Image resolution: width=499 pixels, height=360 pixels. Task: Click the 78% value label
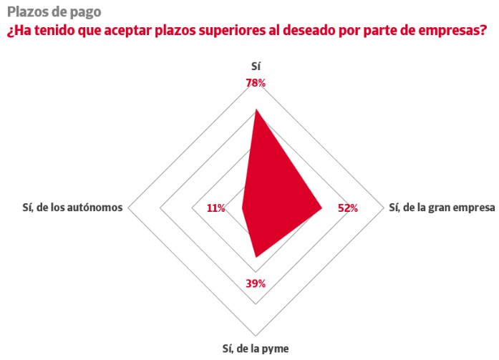pos(256,83)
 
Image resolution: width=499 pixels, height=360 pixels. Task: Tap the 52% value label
pos(348,208)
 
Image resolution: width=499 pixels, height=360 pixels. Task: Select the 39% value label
pos(256,283)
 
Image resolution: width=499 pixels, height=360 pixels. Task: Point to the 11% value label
pos(215,208)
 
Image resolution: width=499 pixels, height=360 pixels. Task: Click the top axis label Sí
pos(256,67)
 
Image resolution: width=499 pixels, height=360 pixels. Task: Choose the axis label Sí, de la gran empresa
pos(441,208)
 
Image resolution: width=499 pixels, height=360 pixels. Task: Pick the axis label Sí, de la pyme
pos(256,349)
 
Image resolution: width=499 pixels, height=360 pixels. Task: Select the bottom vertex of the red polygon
pos(256,256)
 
